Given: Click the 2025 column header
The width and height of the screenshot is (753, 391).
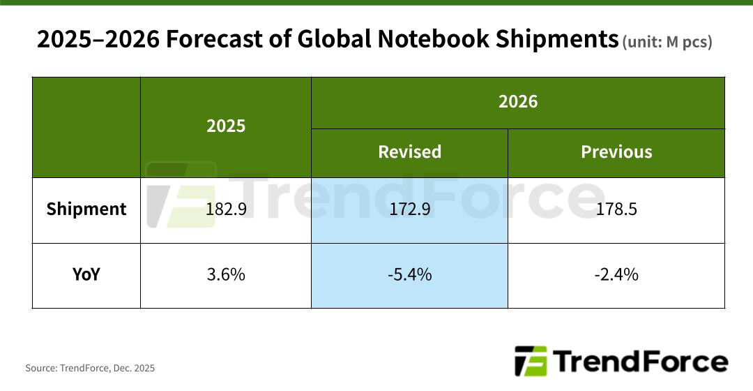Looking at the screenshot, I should (226, 126).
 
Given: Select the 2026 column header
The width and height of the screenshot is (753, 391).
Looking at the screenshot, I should (517, 102).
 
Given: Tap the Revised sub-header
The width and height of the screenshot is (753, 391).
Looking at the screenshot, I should (409, 152).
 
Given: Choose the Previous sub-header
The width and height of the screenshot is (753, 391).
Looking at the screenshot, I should (616, 152).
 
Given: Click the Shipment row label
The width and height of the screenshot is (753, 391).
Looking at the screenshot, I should (86, 209).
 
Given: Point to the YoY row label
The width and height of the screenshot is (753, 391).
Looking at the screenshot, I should (86, 275).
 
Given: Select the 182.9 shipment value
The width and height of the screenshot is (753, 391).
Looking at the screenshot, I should (226, 209).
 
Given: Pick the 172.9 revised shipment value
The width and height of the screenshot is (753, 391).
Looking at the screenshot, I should (409, 209).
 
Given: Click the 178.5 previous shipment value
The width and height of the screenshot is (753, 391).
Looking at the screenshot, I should (616, 209).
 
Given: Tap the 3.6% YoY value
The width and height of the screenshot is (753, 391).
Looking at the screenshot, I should (226, 275).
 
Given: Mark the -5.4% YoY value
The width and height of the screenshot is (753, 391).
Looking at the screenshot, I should (409, 275).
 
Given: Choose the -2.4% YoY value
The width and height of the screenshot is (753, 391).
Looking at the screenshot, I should (616, 275).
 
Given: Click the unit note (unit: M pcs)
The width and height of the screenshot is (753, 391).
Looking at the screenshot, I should (667, 42).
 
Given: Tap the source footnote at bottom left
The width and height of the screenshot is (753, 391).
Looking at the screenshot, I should (90, 368).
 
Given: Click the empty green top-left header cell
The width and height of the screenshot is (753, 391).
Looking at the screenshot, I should (86, 127).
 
